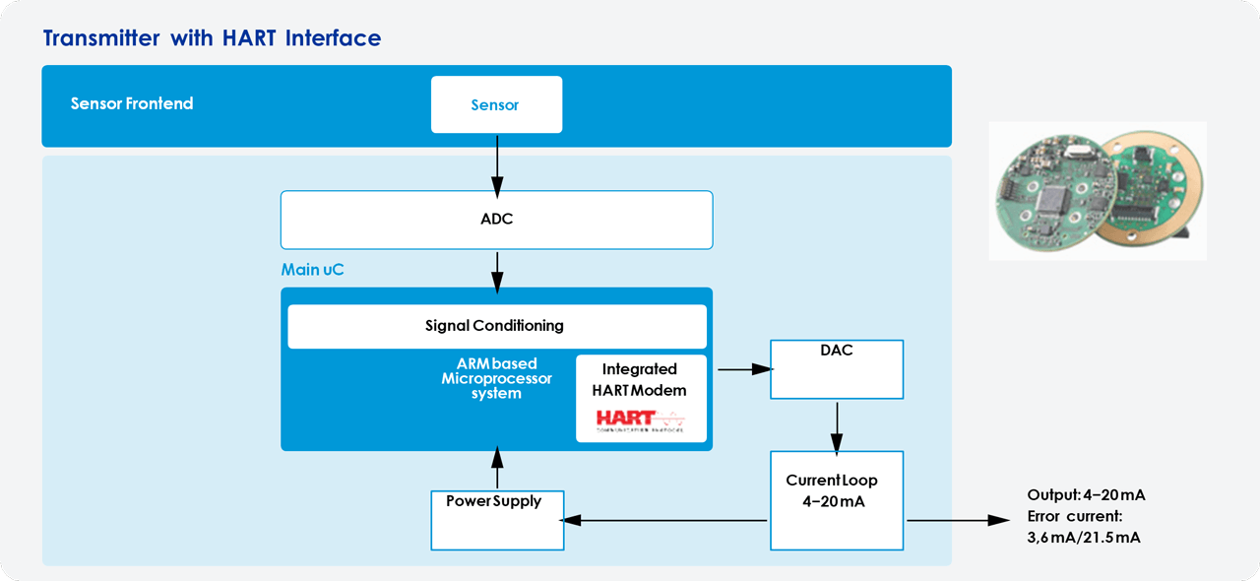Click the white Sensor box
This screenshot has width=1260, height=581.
(496, 104)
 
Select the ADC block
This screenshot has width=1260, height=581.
(496, 219)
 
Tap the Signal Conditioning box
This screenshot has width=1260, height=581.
(496, 326)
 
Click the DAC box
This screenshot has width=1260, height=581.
(836, 369)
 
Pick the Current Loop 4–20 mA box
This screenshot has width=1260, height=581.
(836, 500)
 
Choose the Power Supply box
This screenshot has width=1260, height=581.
(497, 520)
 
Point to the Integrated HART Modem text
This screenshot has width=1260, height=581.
(640, 379)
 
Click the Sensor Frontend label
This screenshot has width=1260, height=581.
(132, 103)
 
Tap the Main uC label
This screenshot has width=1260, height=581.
(313, 269)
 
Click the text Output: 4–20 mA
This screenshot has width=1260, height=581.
(1086, 495)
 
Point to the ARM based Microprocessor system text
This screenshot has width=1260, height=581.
(496, 379)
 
